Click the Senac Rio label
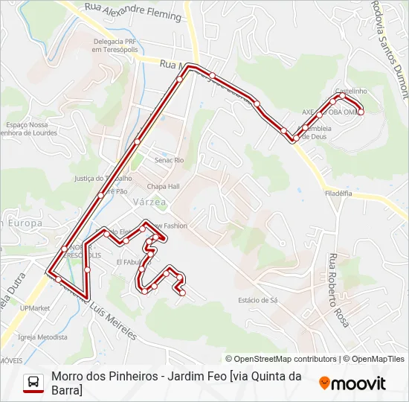tap(169, 160)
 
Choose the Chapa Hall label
tap(164, 186)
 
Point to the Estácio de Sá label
tap(257, 300)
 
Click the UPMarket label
tap(35, 307)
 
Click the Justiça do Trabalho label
tap(102, 178)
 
